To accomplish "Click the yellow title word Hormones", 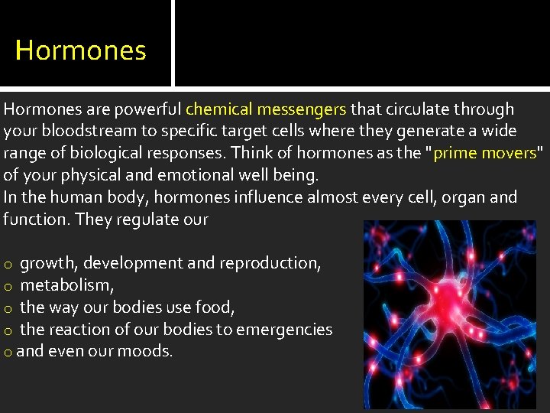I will pyautogui.click(x=80, y=50).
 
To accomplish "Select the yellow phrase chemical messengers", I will pyautogui.click(x=266, y=109).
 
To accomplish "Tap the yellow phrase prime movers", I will pyautogui.click(x=485, y=153).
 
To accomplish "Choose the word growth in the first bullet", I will pyautogui.click(x=49, y=263).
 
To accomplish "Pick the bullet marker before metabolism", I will pyautogui.click(x=8, y=286).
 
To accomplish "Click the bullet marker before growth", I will pyautogui.click(x=8, y=264).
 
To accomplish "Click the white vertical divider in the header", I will pyautogui.click(x=173, y=43).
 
